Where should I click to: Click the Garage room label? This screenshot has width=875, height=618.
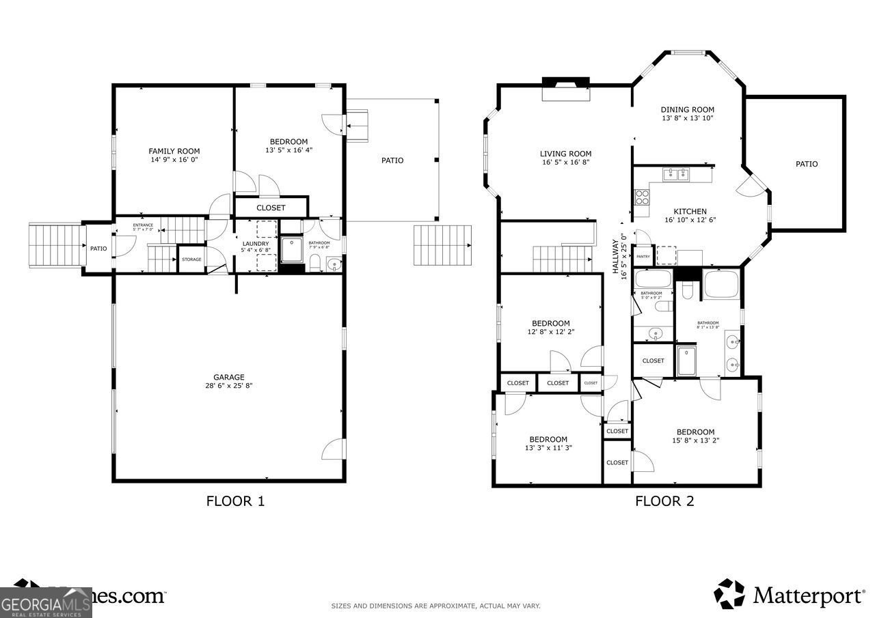coord(228,377)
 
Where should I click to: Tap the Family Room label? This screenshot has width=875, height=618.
coord(174,151)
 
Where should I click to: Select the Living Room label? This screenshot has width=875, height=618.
coord(565,154)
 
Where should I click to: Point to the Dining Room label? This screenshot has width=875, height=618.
coord(687,109)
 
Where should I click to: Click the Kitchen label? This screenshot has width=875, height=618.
coord(690,212)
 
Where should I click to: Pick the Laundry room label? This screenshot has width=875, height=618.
coord(256,244)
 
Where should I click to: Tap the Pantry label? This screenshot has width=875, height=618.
coord(643,257)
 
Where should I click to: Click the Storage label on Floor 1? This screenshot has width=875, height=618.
coord(191,259)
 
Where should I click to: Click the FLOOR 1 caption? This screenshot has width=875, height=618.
coord(235,501)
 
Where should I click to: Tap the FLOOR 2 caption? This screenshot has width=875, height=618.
coord(664,501)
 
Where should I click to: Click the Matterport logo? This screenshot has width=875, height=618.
coord(789,594)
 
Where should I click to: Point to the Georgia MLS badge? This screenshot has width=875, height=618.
coord(46,602)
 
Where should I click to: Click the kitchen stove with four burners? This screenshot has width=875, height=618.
coord(643,197)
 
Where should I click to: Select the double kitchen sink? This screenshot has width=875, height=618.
coord(676,174)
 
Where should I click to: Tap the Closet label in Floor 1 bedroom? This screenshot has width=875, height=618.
coord(271,208)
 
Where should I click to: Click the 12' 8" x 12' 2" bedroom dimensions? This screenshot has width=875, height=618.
coord(550,332)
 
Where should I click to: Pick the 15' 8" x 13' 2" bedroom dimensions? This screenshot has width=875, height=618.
coord(695,440)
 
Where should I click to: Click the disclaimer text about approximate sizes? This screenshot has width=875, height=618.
coord(435,606)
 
